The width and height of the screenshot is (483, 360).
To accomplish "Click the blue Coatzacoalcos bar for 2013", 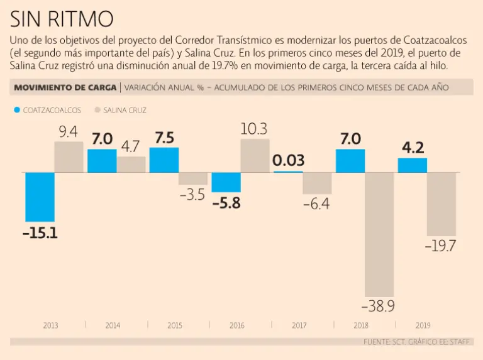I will pyautogui.click(x=39, y=197).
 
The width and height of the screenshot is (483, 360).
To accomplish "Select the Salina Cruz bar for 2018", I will pyautogui.click(x=379, y=234).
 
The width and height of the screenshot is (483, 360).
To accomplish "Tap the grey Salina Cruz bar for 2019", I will pyautogui.click(x=441, y=204).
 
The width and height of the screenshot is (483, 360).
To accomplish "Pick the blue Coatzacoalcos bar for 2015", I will pyautogui.click(x=164, y=160).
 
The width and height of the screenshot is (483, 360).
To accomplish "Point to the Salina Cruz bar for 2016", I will pyautogui.click(x=255, y=155).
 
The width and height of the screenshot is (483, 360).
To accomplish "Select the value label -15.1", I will pyautogui.click(x=40, y=233).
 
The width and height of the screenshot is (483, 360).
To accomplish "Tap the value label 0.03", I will pyautogui.click(x=287, y=160).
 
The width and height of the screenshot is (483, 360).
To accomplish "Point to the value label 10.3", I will pyautogui.click(x=254, y=129).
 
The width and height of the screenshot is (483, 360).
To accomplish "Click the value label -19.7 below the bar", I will pyautogui.click(x=440, y=246).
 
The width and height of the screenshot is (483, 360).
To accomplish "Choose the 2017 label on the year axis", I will pyautogui.click(x=299, y=325).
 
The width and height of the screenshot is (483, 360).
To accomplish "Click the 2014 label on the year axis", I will pyautogui.click(x=113, y=325).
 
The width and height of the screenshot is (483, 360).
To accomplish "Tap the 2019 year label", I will pyautogui.click(x=423, y=325).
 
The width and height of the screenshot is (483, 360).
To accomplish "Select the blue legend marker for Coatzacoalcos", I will pyautogui.click(x=16, y=110).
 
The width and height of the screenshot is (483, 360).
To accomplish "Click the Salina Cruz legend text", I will pyautogui.click(x=125, y=110).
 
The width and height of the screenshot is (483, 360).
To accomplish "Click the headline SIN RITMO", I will pyautogui.click(x=62, y=18).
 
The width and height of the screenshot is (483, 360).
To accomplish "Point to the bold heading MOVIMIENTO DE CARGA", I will pyautogui.click(x=65, y=87).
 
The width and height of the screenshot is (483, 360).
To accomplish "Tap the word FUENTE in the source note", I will pyautogui.click(x=377, y=342).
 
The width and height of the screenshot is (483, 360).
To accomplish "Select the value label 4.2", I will pyautogui.click(x=413, y=148).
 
